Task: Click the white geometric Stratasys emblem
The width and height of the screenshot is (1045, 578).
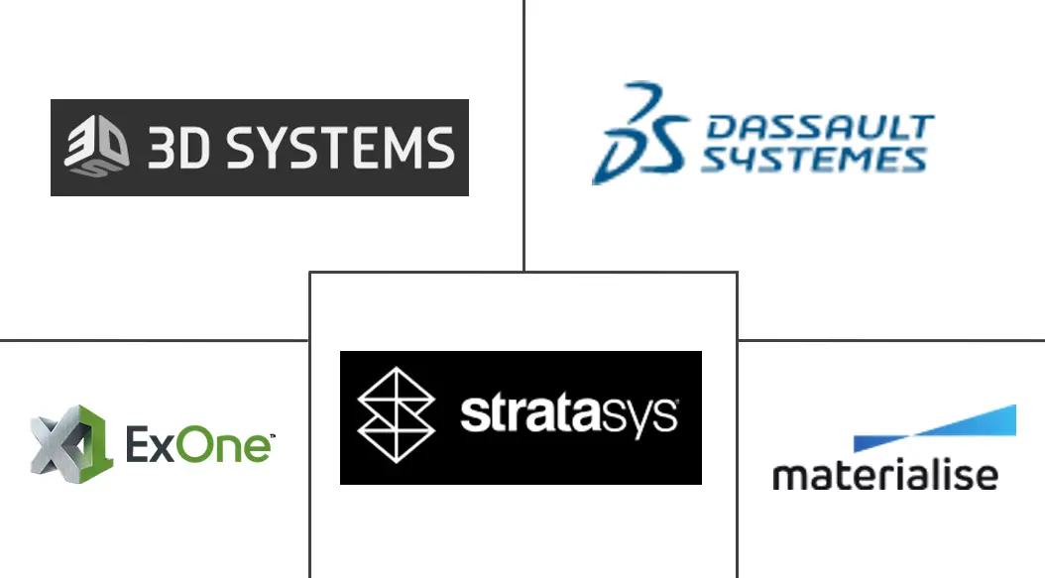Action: pos(396,415)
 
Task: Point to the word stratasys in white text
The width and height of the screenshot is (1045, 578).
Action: pos(569,415)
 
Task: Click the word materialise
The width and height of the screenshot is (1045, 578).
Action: pos(884,474)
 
